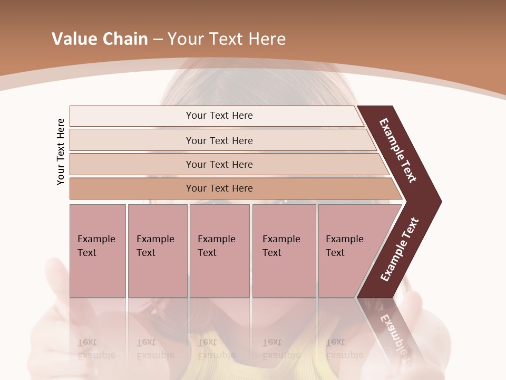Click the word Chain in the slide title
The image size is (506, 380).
click(124, 39)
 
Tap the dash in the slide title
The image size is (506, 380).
click(158, 40)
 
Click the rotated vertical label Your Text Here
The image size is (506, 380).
click(61, 151)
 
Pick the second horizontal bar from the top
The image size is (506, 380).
click(219, 140)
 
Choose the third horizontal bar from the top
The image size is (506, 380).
click(219, 164)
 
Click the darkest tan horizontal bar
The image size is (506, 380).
click(219, 188)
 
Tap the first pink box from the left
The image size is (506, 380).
click(98, 251)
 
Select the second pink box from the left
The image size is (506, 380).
click(157, 251)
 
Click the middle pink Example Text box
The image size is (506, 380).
click(219, 251)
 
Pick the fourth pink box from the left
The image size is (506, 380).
click(284, 251)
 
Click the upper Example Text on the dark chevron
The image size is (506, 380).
click(398, 150)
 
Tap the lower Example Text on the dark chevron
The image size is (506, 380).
click(400, 250)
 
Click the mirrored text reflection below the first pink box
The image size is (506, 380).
click(95, 348)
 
